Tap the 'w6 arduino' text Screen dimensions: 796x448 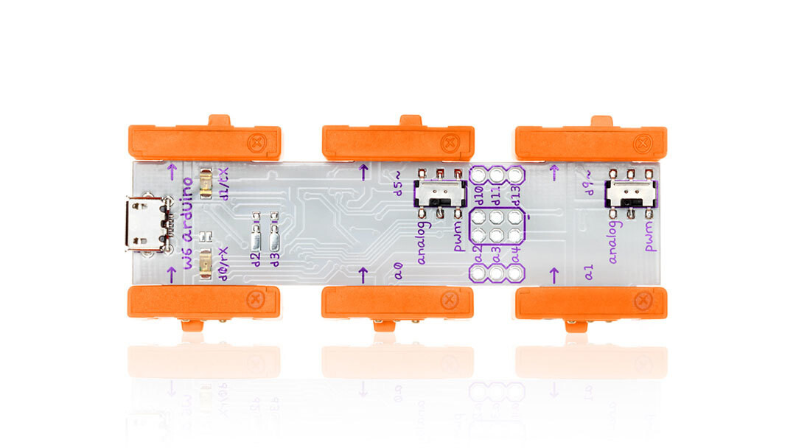(187, 223)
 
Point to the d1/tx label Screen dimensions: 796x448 (223, 183)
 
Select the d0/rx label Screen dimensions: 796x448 (223, 263)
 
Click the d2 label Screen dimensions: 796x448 (256, 257)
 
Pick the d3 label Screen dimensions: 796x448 (275, 257)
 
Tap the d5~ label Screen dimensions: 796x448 (399, 184)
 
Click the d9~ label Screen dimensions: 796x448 (589, 185)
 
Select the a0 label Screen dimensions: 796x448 (399, 274)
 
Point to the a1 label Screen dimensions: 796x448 (589, 273)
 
